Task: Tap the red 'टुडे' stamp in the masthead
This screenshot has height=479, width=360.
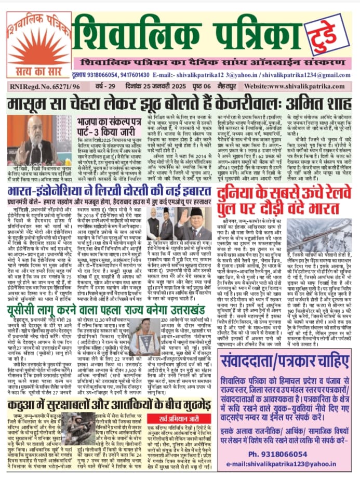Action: pos(327,33)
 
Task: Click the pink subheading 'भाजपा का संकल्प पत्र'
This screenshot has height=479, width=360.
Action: pos(108,123)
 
